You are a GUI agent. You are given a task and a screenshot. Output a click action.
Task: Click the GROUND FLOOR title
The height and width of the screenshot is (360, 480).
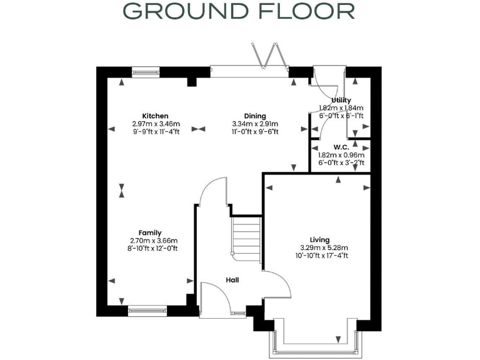pos(239,11)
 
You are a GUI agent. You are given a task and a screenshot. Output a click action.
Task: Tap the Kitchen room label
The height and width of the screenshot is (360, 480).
pos(155,116)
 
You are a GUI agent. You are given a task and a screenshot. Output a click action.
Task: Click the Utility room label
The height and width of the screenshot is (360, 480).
pos(341,100)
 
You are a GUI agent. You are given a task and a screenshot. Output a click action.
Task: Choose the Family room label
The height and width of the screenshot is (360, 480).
pos(154,232)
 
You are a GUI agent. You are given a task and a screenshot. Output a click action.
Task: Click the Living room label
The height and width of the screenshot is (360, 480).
pos(319,239)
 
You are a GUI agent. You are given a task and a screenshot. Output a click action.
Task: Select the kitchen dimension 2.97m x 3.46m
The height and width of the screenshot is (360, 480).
pos(155,124)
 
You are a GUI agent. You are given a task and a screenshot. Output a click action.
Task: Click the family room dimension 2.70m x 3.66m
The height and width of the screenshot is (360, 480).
pos(154,241)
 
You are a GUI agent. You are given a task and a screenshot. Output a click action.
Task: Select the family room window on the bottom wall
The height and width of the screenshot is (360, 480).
pos(147,309)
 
